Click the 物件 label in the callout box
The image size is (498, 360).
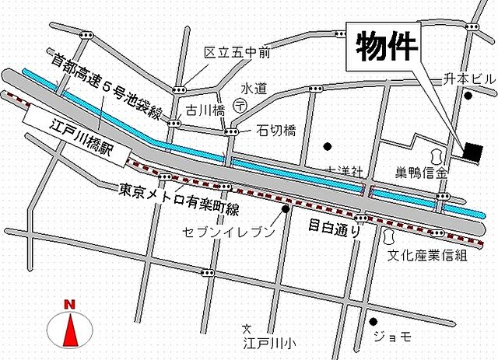(x=388, y=47)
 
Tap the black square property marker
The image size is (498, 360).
(x=472, y=151)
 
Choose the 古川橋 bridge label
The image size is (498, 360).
(x=201, y=111)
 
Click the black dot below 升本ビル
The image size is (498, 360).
(x=468, y=96)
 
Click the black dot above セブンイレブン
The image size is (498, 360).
(x=286, y=209)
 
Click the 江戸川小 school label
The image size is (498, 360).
(x=269, y=342)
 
